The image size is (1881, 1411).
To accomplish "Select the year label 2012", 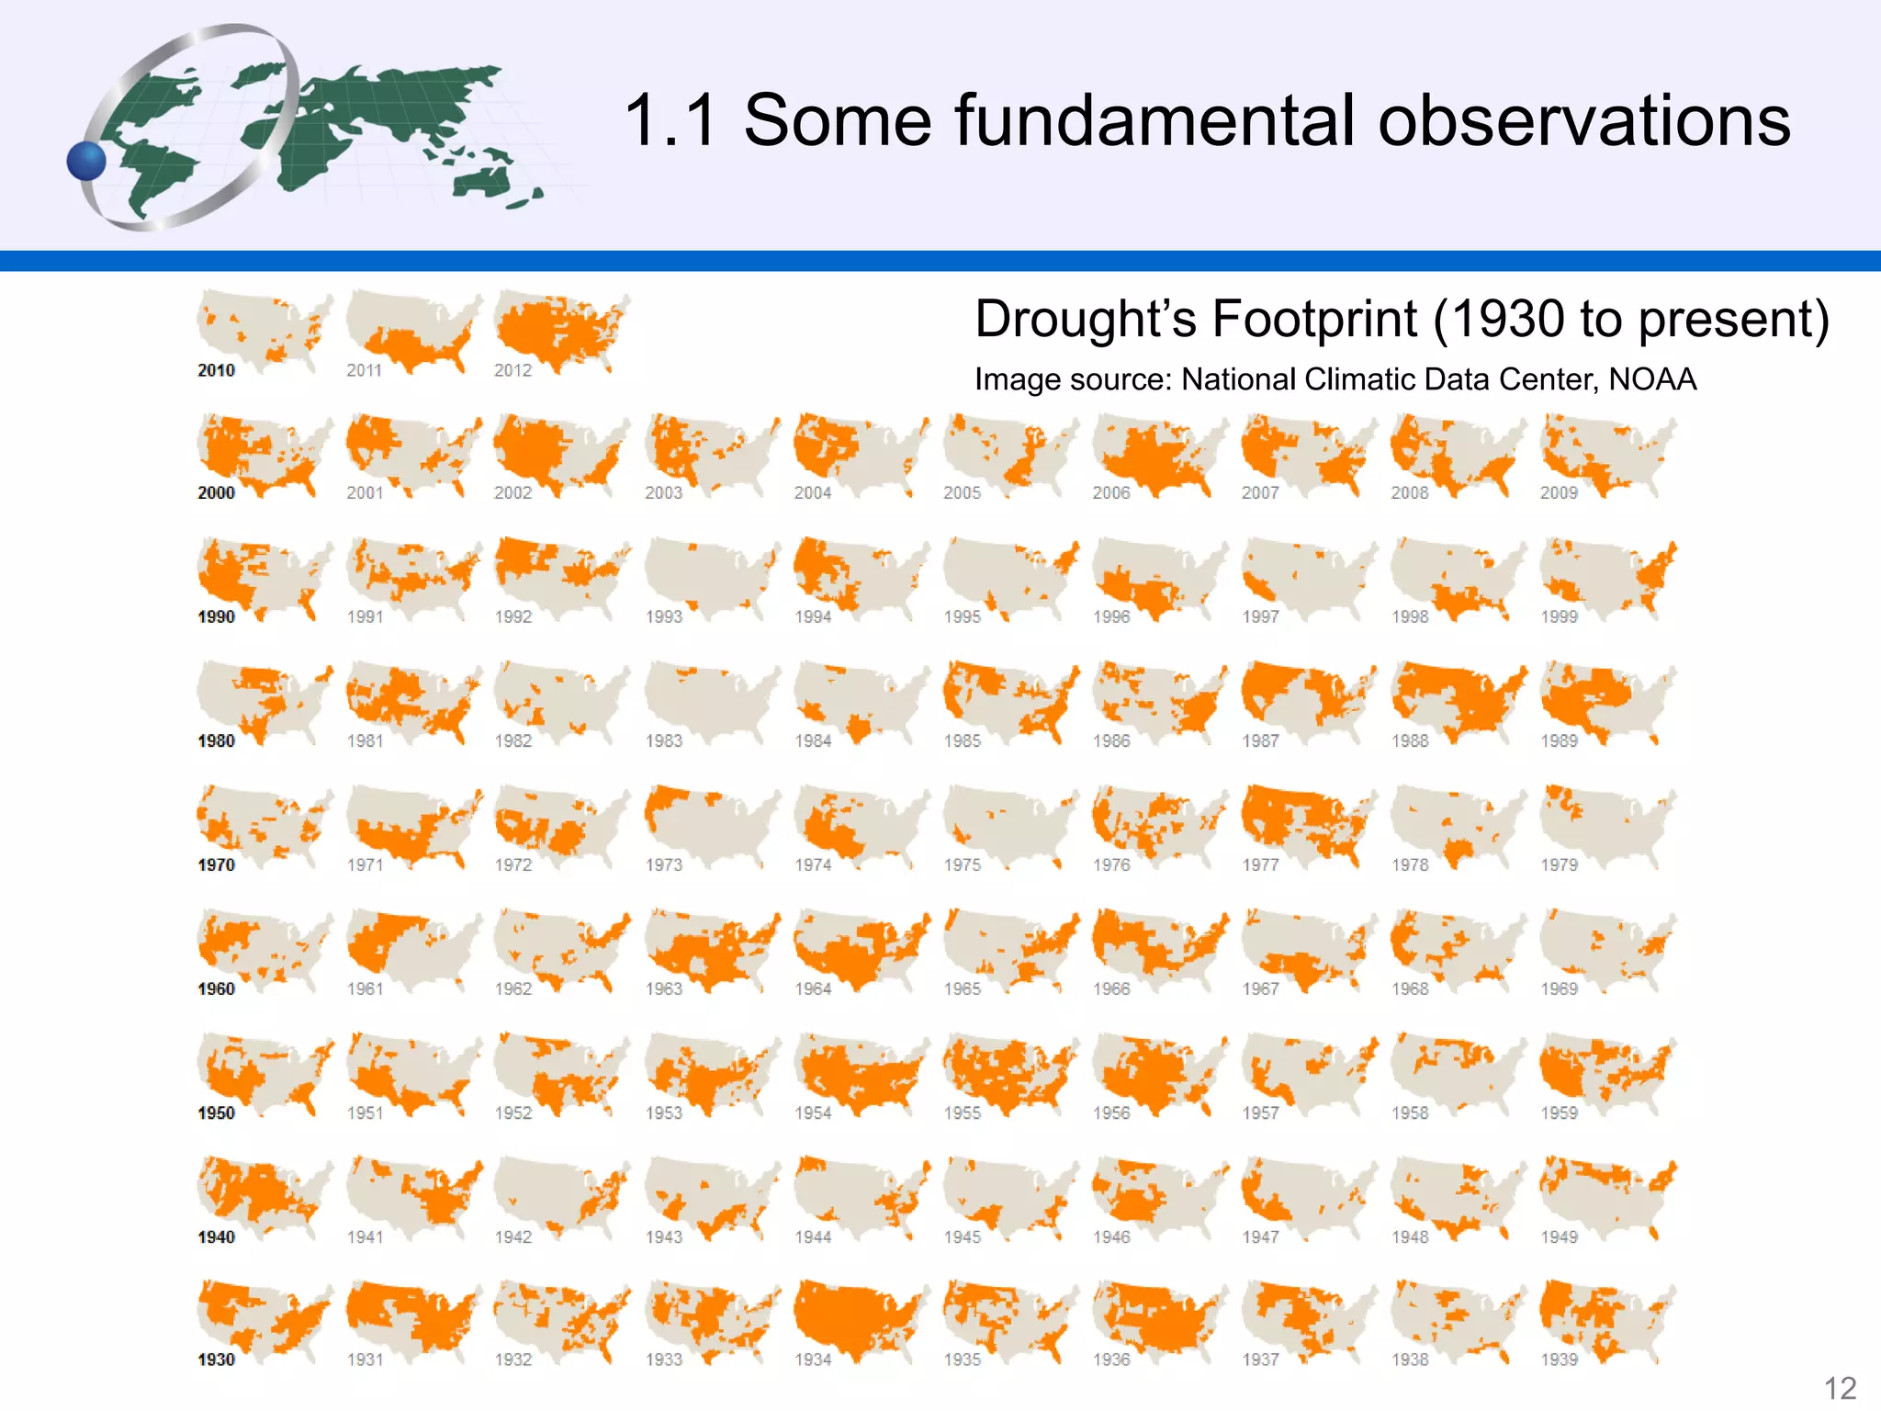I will (512, 370).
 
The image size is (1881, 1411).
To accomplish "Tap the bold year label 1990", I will (217, 617).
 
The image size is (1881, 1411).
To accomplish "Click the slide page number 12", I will (1840, 1388).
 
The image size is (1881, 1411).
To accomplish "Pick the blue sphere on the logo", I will (87, 161).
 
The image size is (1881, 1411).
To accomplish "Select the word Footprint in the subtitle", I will (1314, 319).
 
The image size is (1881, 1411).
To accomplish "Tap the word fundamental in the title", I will (1152, 120).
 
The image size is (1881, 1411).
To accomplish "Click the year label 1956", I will (1111, 1113).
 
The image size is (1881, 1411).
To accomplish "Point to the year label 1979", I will (1559, 865).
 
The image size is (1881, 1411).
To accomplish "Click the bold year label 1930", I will (217, 1360).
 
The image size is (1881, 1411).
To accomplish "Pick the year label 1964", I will (813, 989).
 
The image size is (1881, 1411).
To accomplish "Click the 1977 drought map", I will (1307, 824).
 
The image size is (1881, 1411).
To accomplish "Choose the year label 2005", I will (962, 493).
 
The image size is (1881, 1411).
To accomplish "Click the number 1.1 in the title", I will (670, 120).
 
